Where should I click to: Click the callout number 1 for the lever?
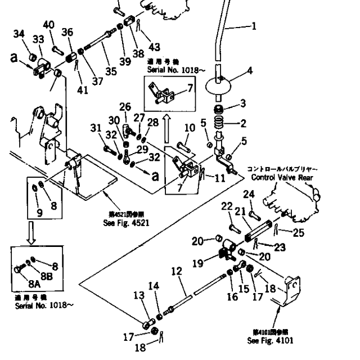(x=254, y=25)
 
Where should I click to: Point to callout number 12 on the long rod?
(x=177, y=272)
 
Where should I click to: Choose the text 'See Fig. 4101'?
(x=269, y=341)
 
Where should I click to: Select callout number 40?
(x=49, y=25)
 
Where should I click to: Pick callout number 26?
(x=125, y=107)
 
